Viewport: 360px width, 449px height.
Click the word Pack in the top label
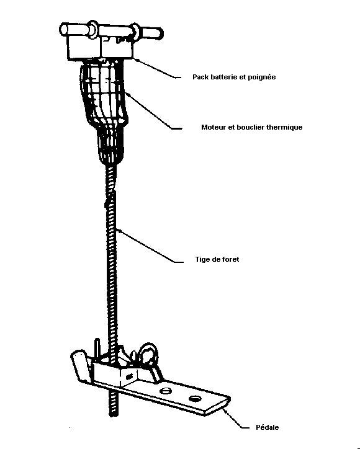point(200,77)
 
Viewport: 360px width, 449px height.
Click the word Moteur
point(214,127)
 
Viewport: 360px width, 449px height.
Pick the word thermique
point(284,127)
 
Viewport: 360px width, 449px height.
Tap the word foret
point(230,259)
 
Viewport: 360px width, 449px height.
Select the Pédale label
point(267,427)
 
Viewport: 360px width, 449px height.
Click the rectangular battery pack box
point(101,47)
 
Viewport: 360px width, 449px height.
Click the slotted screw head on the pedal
point(165,391)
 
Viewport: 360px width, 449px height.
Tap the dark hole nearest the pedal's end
point(195,398)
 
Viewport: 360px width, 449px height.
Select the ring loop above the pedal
point(149,355)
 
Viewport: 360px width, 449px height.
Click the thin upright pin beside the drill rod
point(97,348)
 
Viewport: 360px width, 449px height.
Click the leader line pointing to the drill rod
point(150,246)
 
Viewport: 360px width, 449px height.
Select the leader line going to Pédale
point(236,419)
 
